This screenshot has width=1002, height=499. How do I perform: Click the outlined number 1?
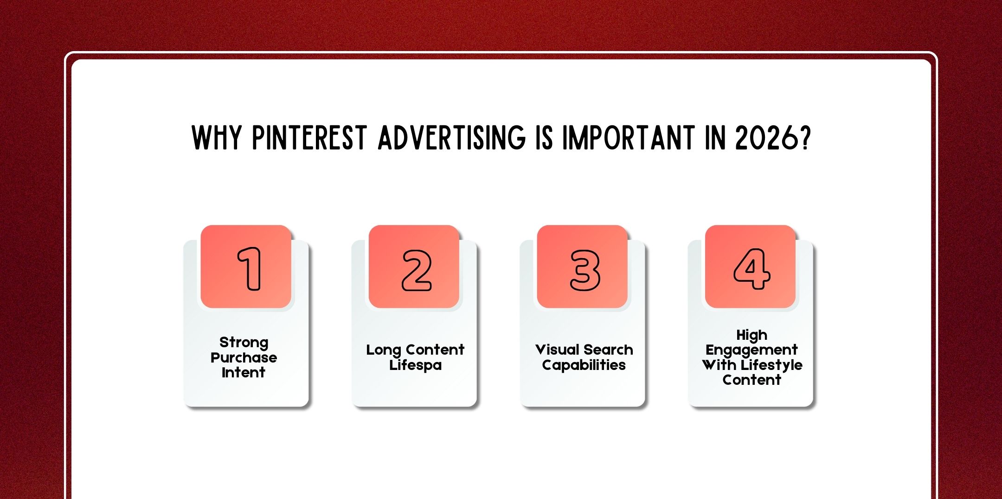coord(250,269)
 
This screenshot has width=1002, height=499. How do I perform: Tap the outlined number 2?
coord(416,270)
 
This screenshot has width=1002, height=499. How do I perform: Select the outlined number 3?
coord(584,270)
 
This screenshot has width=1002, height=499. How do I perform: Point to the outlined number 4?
coord(751,269)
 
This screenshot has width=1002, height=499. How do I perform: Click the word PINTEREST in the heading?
coord(309,138)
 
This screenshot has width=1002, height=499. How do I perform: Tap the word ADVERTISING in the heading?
coord(452,138)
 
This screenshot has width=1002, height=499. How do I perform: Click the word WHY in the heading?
coord(217,138)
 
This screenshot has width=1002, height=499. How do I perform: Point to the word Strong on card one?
coord(244,343)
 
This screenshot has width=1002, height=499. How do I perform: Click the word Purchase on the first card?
coord(244,357)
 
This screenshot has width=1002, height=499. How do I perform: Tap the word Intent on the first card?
coord(244,372)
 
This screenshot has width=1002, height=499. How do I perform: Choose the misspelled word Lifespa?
coord(415,365)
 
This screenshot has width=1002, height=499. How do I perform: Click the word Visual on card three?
coord(557,350)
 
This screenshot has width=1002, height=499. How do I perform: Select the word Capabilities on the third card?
coord(584,365)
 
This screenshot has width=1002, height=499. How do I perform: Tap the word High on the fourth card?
coord(751,335)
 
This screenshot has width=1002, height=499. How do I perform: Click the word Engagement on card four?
coord(751,350)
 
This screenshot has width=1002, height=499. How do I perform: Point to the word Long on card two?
coord(383,350)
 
